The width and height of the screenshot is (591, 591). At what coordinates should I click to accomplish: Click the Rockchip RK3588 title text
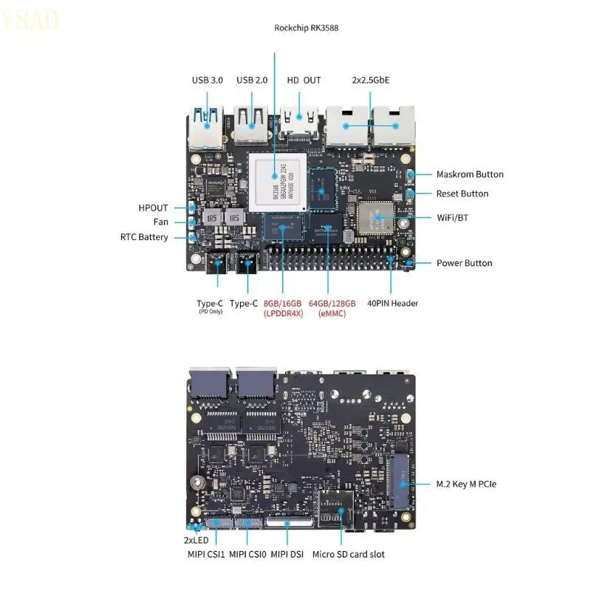[x=306, y=28]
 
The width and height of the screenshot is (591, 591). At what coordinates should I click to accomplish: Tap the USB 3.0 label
[x=207, y=80]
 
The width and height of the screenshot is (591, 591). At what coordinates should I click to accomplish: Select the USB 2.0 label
[x=252, y=80]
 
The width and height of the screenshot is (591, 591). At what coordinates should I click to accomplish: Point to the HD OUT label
[x=304, y=80]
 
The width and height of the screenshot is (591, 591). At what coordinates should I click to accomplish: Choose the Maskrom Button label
[x=470, y=174]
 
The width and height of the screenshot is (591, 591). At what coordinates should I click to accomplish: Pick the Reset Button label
[x=462, y=194]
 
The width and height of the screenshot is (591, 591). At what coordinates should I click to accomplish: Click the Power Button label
[x=464, y=263]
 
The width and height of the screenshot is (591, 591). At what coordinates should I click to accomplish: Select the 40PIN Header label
[x=394, y=303]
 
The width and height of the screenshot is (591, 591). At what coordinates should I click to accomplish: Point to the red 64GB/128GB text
[x=332, y=303]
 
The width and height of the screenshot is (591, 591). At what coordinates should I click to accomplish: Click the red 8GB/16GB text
[x=282, y=303]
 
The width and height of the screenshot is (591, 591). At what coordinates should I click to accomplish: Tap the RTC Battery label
[x=144, y=237]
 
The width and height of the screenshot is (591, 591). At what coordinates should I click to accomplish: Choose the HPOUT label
[x=153, y=208]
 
